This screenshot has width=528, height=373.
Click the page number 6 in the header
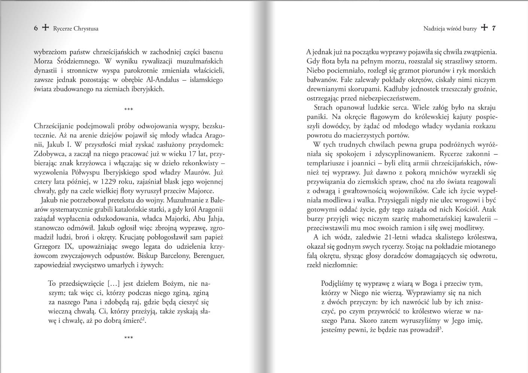tap(36, 28)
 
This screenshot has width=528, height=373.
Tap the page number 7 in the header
tap(494, 28)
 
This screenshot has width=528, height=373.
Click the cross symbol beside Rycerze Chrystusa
tap(45, 28)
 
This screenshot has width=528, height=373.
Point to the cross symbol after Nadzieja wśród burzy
tap(484, 28)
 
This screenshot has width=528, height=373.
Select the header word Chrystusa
tap(86, 28)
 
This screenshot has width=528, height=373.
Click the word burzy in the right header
tap(470, 28)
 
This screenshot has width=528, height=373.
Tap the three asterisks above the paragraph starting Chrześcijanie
tap(128, 110)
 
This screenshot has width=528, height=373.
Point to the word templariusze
tap(325, 163)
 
